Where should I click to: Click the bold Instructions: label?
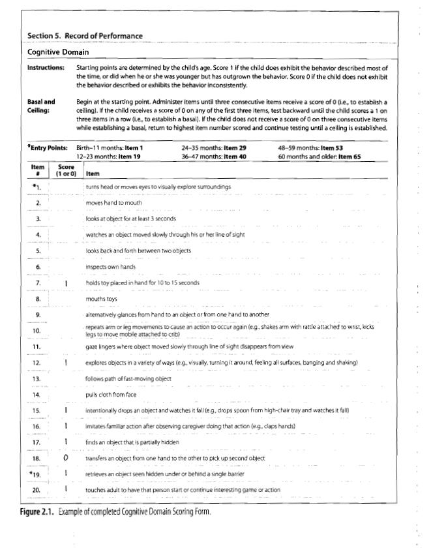point(45,68)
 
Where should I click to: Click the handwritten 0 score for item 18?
point(66,458)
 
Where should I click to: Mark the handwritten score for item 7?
point(66,283)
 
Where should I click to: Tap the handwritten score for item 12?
point(66,362)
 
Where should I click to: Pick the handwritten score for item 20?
point(66,489)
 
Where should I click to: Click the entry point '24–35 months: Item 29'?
point(214,148)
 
